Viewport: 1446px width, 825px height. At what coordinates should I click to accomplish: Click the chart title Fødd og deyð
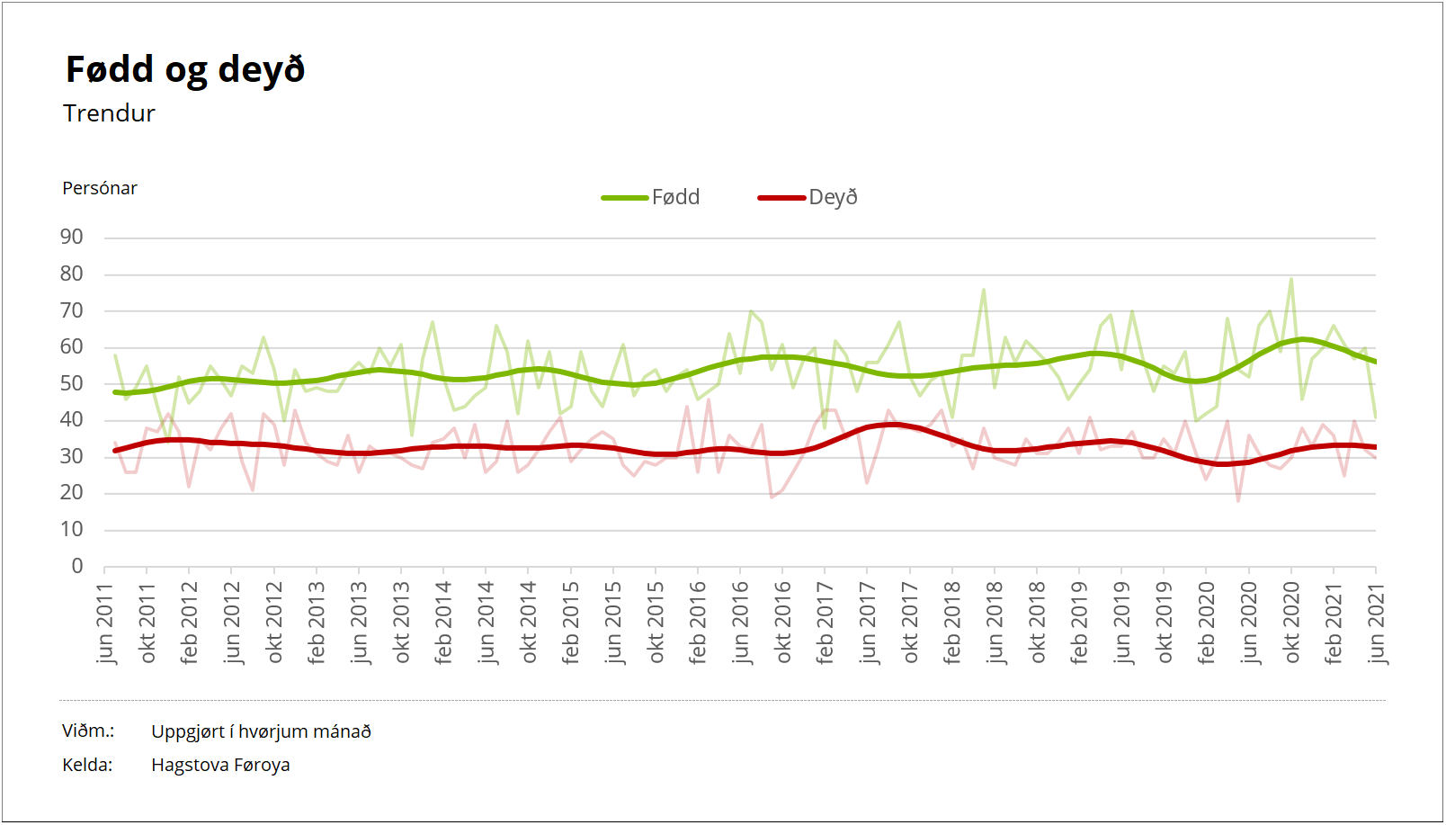(x=185, y=69)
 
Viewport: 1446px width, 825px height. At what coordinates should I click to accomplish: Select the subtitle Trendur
(x=109, y=113)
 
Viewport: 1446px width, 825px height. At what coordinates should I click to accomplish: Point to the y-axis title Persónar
(x=100, y=188)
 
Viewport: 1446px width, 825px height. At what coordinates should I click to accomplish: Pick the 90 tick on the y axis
(x=71, y=238)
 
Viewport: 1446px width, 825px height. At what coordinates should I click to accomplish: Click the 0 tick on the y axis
(x=77, y=566)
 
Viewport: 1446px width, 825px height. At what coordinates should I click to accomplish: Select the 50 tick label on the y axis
(x=71, y=383)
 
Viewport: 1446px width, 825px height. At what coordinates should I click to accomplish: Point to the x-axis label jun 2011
(x=105, y=623)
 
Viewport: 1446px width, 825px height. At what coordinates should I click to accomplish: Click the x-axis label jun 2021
(x=1376, y=623)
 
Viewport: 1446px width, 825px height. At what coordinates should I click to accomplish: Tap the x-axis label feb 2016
(x=698, y=623)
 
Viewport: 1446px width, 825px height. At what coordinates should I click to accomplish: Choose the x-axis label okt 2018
(x=1038, y=623)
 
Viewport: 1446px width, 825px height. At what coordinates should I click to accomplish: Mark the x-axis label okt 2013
(x=402, y=623)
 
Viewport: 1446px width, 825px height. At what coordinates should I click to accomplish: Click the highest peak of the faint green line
(x=1291, y=278)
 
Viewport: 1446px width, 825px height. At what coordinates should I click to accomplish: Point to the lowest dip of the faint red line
(x=1238, y=501)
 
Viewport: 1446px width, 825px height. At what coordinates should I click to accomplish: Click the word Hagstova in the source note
(x=189, y=765)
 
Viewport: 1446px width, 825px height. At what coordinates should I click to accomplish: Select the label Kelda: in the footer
(x=87, y=765)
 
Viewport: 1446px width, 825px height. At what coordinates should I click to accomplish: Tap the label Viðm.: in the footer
(x=88, y=731)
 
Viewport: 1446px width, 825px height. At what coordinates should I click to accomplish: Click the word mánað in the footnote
(x=343, y=731)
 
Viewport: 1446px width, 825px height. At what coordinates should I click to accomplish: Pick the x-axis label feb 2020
(x=1207, y=623)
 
